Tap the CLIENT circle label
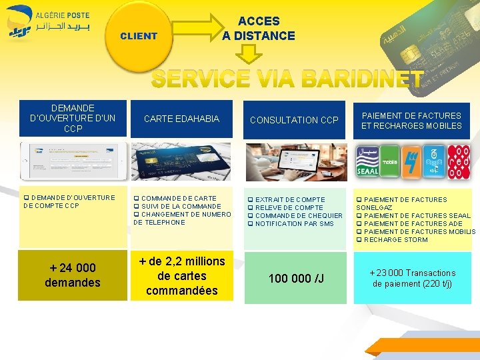click(x=139, y=36)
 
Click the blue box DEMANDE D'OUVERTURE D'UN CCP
click(x=73, y=118)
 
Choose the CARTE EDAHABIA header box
click(x=181, y=119)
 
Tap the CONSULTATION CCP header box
click(x=294, y=120)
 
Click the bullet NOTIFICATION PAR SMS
click(x=294, y=224)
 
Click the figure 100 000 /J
click(x=296, y=278)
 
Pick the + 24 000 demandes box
click(x=72, y=275)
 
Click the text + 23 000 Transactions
click(x=413, y=273)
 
